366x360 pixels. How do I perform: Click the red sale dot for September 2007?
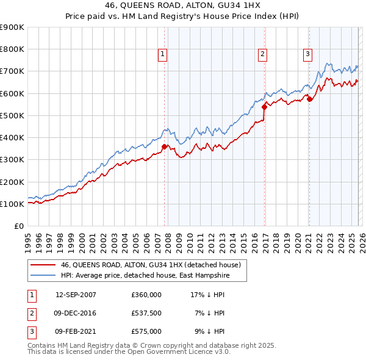tap(165, 146)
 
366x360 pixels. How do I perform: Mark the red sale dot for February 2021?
tap(309, 99)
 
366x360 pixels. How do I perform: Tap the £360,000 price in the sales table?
tap(146, 295)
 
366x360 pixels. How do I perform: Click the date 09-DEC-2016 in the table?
tap(76, 313)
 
